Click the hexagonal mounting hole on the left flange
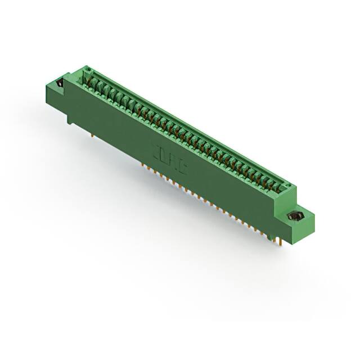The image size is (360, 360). pyautogui.click(x=58, y=85)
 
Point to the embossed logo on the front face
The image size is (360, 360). pyautogui.click(x=169, y=159)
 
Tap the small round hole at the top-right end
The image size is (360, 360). pyautogui.click(x=285, y=184)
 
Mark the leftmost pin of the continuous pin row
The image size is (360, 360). pyautogui.click(x=141, y=164)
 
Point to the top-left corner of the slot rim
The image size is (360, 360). pyautogui.click(x=84, y=66)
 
